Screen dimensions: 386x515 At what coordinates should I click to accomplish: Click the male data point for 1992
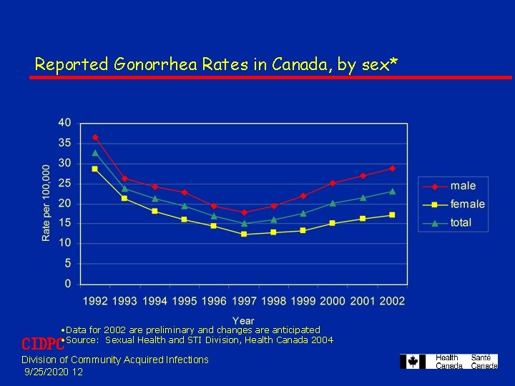[x=95, y=137]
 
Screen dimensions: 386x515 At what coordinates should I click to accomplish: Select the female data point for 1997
[x=244, y=234]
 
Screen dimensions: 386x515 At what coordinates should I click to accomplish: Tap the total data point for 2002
[x=392, y=191]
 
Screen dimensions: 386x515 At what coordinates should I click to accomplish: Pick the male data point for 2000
[x=333, y=183]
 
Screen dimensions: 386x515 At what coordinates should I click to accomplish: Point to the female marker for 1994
[x=154, y=211]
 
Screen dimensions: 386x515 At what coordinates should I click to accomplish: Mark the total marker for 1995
[x=185, y=206]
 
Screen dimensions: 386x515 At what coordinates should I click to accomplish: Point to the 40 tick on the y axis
[x=64, y=123]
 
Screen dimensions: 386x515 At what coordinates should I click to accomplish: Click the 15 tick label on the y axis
[x=64, y=224]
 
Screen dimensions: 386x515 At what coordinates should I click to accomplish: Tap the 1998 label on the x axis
[x=273, y=301]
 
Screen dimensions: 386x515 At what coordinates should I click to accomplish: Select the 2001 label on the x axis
[x=362, y=301]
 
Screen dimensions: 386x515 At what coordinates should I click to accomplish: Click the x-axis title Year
[x=243, y=320]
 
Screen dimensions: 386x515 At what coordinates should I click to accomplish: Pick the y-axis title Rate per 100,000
[x=46, y=203]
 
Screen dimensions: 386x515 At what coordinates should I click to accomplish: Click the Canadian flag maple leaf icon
[x=413, y=362]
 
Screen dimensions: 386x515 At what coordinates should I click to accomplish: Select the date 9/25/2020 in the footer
[x=47, y=372]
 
